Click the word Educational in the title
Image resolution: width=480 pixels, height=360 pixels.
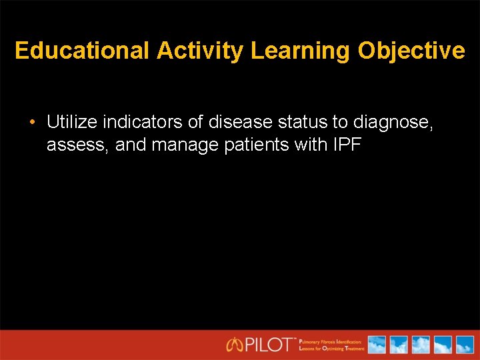tap(83, 51)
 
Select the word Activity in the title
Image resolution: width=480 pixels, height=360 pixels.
tap(201, 51)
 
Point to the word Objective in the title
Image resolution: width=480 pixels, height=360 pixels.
tap(412, 51)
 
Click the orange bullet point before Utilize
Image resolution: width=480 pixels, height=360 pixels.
tap(32, 123)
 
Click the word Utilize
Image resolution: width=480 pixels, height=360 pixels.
tap(72, 122)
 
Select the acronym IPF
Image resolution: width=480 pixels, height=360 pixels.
tap(346, 144)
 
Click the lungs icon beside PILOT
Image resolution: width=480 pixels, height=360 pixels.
tap(235, 345)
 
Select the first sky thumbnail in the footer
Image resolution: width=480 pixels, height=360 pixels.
tap(377, 345)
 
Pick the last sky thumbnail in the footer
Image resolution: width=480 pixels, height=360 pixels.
tap(463, 345)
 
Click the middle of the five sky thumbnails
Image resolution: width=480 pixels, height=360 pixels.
tap(420, 345)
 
